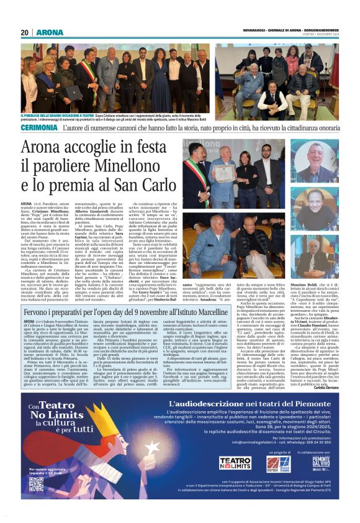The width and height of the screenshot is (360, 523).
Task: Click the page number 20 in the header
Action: [x=25, y=32]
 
